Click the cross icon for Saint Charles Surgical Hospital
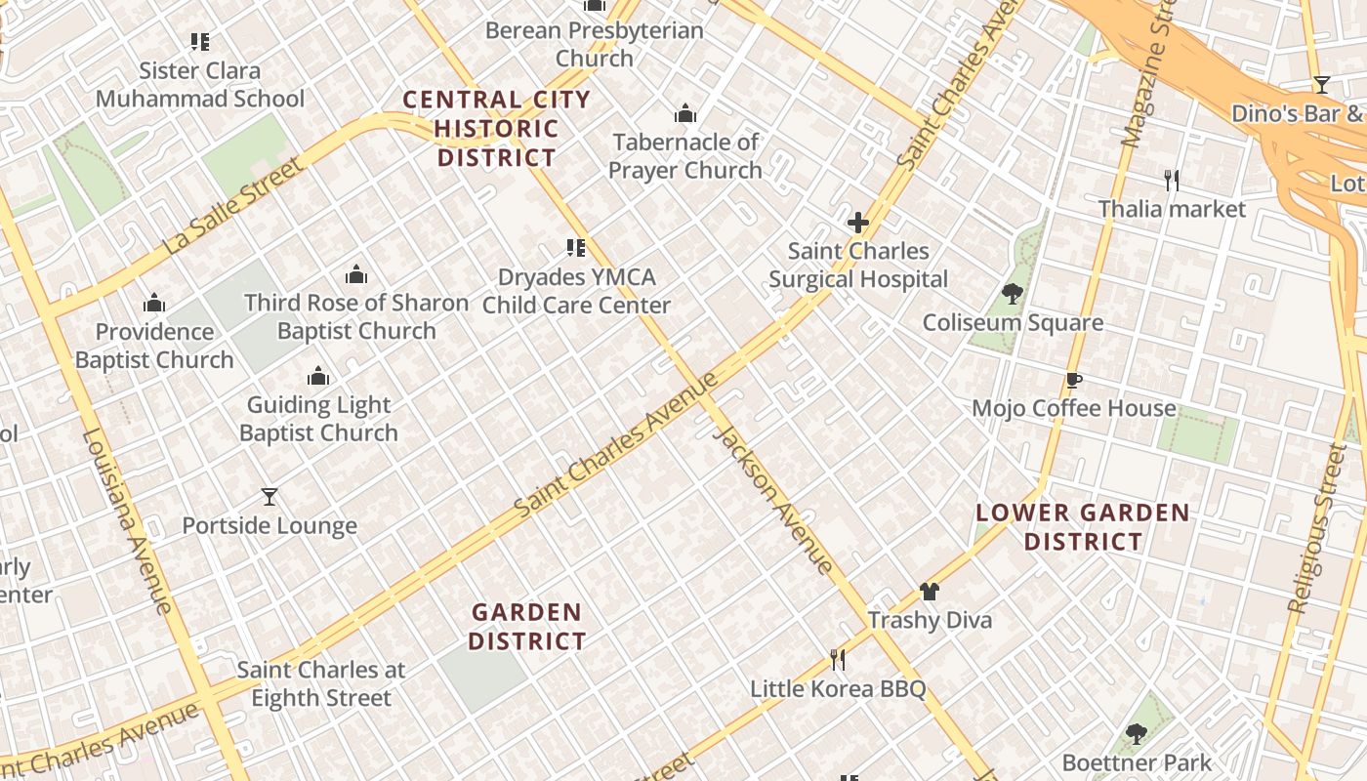(x=858, y=223)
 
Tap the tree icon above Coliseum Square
(x=1013, y=294)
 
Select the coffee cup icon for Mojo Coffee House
(x=1074, y=380)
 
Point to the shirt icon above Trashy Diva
(x=929, y=592)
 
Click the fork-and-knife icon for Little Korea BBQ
(x=837, y=660)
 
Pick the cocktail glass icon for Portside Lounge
(x=269, y=497)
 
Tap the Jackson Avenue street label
(x=773, y=499)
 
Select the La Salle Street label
(x=233, y=208)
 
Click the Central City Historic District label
(x=496, y=128)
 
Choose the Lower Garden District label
(x=1083, y=527)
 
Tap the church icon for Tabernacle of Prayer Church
(x=685, y=114)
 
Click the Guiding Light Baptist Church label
(x=318, y=419)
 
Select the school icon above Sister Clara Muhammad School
(x=200, y=42)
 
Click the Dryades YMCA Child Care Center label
(x=576, y=291)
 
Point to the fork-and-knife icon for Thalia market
(x=1172, y=181)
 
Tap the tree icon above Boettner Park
(x=1136, y=734)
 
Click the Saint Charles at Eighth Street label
(x=321, y=683)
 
